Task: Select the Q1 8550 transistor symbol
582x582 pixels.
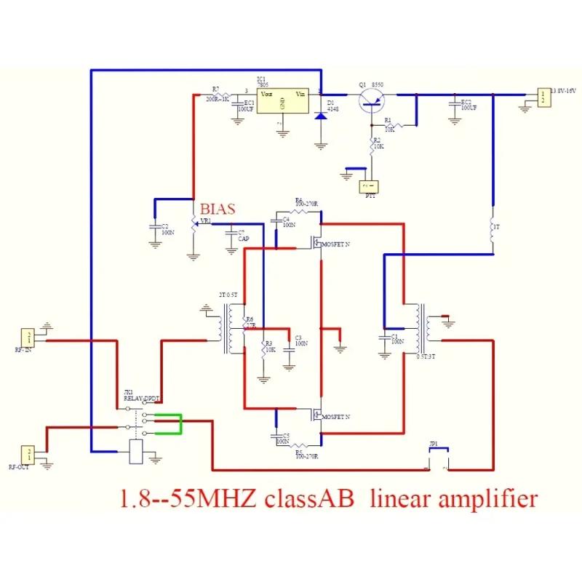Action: click(372, 100)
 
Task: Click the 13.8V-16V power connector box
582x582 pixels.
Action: click(542, 97)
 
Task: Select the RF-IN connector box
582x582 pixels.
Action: click(28, 337)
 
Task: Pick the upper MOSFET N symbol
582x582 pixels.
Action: click(316, 242)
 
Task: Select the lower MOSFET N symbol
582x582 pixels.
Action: click(316, 415)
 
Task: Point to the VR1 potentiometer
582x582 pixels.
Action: click(194, 226)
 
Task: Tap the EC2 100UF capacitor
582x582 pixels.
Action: click(455, 105)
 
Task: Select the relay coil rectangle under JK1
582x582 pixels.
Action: click(136, 452)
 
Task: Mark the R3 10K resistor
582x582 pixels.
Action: click(263, 350)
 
